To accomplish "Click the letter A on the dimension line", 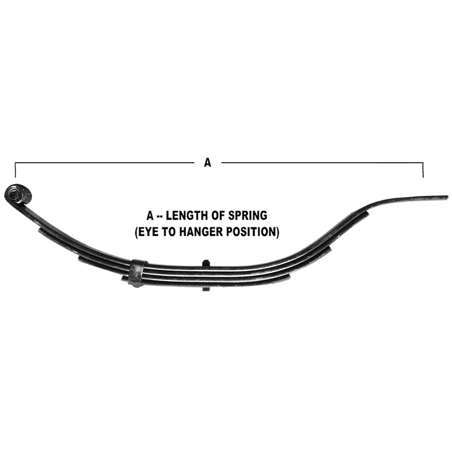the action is [207, 163].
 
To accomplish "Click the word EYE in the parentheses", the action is [149, 232].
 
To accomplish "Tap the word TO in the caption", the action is [169, 232].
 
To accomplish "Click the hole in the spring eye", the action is [14, 194].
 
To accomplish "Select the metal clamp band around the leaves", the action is [137, 273].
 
